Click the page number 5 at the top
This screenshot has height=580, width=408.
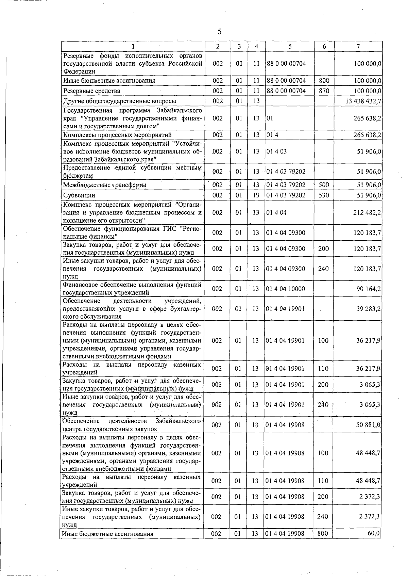coord(219,32)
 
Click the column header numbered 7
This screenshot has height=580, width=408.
coord(358,46)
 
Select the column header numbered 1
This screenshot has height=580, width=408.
coord(133,46)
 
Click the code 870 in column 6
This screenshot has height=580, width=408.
coord(324,91)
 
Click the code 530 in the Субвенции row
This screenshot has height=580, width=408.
coord(324,195)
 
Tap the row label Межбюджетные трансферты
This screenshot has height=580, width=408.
coord(105,185)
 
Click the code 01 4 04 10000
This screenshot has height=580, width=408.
coord(286,289)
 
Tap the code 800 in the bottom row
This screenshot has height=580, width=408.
coord(322,534)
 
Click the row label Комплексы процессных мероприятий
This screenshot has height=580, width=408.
coord(117,135)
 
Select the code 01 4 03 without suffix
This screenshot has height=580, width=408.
coord(276,151)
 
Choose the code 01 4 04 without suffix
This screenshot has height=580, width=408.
coord(276,213)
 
